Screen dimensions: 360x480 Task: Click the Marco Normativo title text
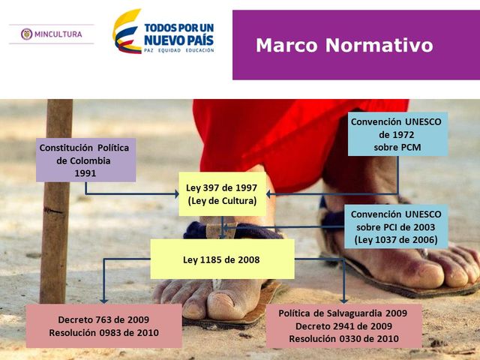click(344, 45)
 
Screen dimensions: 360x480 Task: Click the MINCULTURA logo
click(52, 34)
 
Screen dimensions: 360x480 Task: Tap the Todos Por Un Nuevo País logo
click(163, 32)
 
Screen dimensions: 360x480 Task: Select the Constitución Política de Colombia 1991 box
click(85, 160)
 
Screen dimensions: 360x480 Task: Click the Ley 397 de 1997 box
click(222, 194)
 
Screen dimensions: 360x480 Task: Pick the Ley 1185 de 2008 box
click(222, 259)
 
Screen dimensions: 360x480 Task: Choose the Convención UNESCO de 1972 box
click(397, 134)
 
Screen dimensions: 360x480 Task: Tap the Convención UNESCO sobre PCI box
click(397, 226)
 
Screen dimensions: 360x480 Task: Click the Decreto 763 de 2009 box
click(103, 325)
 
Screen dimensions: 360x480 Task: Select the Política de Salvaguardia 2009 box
click(343, 325)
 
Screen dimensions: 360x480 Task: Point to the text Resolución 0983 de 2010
click(103, 333)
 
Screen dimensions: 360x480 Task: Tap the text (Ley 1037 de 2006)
click(397, 240)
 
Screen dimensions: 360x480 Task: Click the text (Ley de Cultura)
click(222, 201)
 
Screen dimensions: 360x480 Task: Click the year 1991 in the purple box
click(85, 173)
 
